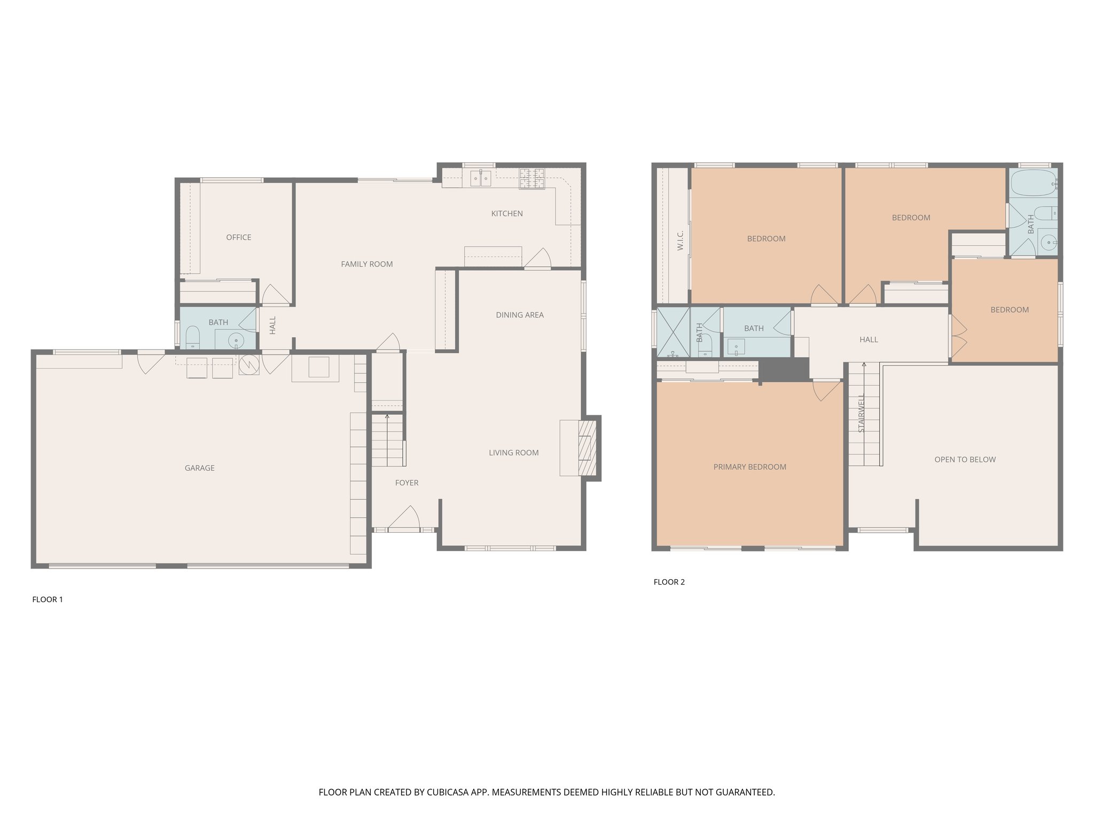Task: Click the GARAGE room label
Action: pyautogui.click(x=199, y=468)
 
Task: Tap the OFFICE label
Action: pyautogui.click(x=238, y=238)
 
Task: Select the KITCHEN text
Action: pyautogui.click(x=507, y=214)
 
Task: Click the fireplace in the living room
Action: pyautogui.click(x=588, y=448)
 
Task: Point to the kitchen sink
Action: pyautogui.click(x=480, y=178)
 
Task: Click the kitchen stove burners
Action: pyautogui.click(x=532, y=178)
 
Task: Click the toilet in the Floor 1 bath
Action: pyautogui.click(x=192, y=338)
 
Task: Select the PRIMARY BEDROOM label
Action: pyautogui.click(x=749, y=467)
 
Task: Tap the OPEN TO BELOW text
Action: pyautogui.click(x=965, y=460)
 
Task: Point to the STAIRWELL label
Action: pyautogui.click(x=861, y=414)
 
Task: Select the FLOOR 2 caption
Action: pyautogui.click(x=669, y=582)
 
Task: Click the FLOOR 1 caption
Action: pyautogui.click(x=48, y=600)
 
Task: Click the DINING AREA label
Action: pyautogui.click(x=519, y=315)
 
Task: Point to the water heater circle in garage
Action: pyautogui.click(x=248, y=364)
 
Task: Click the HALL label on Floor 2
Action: pyautogui.click(x=869, y=340)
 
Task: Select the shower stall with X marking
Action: pyautogui.click(x=673, y=332)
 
